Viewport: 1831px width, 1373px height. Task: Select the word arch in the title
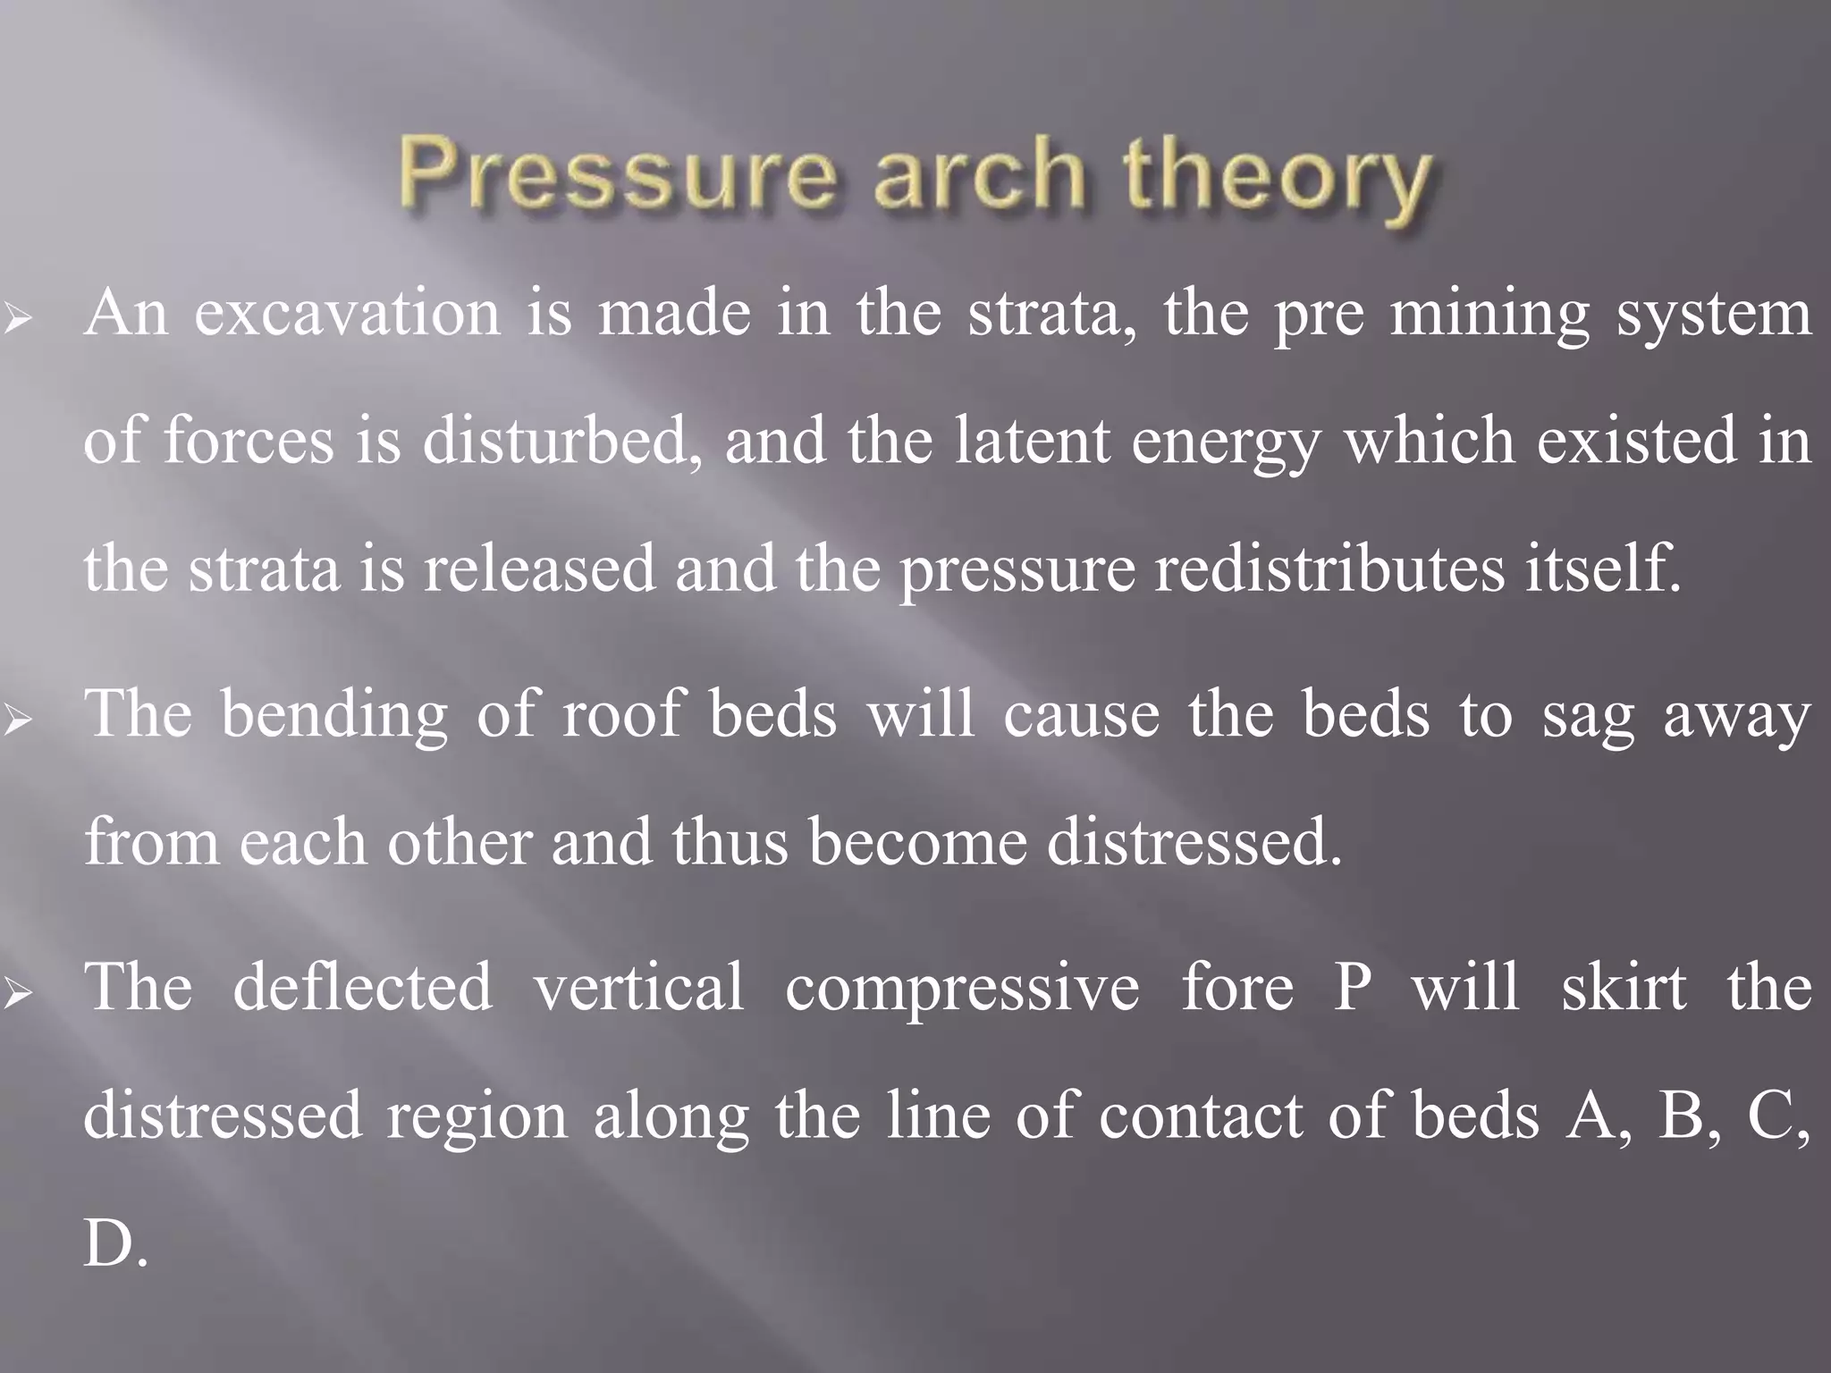tap(979, 173)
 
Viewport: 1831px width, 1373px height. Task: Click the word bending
tap(334, 715)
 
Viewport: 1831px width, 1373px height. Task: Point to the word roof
tap(621, 715)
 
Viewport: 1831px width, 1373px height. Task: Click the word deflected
tap(362, 987)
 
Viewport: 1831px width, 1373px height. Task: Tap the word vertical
tap(638, 987)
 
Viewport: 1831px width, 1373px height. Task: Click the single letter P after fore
tap(1352, 987)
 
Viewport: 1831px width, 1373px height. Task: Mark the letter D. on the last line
tap(114, 1242)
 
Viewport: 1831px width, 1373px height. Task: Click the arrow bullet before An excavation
tap(18, 317)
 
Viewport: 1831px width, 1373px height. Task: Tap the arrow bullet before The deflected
tap(18, 990)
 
